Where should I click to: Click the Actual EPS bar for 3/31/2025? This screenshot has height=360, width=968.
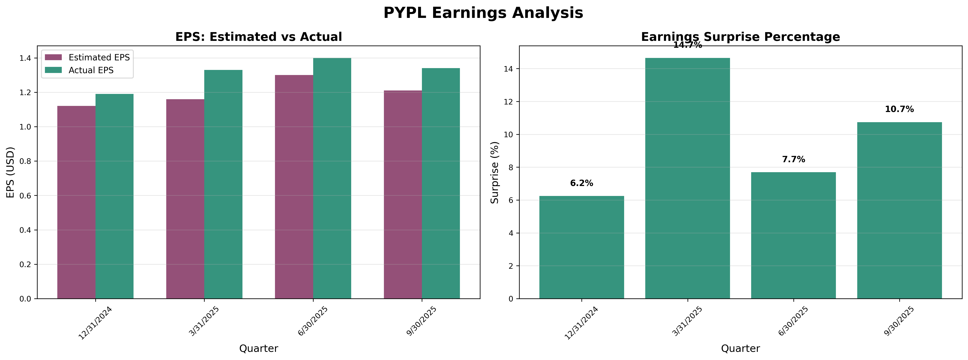(223, 184)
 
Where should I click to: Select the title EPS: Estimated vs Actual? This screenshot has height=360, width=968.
(259, 37)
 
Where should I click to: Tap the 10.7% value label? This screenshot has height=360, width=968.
(899, 109)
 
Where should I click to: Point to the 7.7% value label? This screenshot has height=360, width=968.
(793, 159)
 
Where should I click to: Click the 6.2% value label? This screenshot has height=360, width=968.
(581, 183)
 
